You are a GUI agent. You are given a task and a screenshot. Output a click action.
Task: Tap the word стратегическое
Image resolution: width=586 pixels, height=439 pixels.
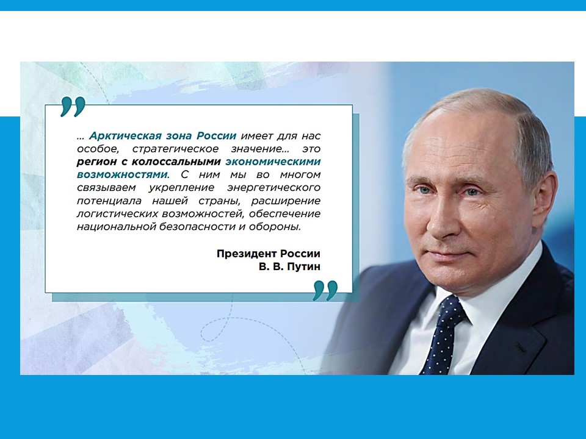coord(175,149)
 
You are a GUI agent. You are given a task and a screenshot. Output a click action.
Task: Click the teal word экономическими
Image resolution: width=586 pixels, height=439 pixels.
coord(273,162)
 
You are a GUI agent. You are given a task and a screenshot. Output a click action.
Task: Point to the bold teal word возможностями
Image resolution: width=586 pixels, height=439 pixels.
coord(123,174)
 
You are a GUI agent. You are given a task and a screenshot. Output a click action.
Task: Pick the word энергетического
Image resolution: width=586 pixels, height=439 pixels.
coord(274,187)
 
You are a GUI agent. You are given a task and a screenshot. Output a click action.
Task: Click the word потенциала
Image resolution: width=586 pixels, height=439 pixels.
coord(109,201)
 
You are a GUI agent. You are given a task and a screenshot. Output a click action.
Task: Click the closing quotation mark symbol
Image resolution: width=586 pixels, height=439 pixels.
coord(325,290)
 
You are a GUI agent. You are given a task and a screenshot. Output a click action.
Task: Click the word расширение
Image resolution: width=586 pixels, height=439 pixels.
coord(286,201)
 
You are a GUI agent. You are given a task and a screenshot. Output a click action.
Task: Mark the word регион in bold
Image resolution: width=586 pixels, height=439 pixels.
coord(98,162)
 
